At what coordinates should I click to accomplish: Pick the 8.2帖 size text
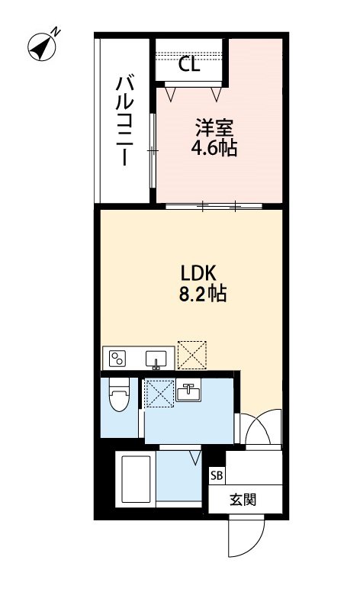(203, 294)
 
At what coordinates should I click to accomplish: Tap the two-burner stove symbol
(119, 357)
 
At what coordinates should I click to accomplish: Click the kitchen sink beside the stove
(159, 358)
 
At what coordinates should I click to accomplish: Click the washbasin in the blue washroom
(188, 393)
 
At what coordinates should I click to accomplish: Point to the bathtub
(133, 480)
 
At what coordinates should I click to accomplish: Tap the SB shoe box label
(217, 475)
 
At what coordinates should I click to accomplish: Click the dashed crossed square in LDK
(191, 353)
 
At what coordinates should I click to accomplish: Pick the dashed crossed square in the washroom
(159, 394)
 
